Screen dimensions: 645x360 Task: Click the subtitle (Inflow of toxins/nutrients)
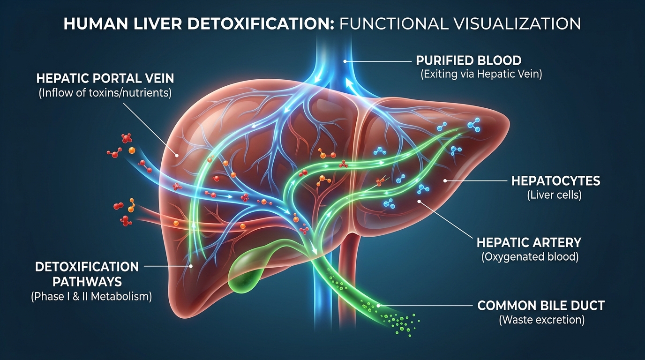105,93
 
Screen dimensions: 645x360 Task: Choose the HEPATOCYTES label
555,180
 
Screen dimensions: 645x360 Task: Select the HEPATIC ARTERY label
529,242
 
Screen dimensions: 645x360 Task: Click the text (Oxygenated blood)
530,256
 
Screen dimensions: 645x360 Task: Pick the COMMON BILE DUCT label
541,306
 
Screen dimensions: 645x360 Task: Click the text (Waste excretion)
541,320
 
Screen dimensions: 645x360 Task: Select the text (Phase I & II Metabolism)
91,297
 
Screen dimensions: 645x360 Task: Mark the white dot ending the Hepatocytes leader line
445,180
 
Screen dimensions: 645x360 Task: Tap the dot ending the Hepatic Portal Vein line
177,154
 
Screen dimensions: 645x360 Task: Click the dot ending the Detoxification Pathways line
191,266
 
